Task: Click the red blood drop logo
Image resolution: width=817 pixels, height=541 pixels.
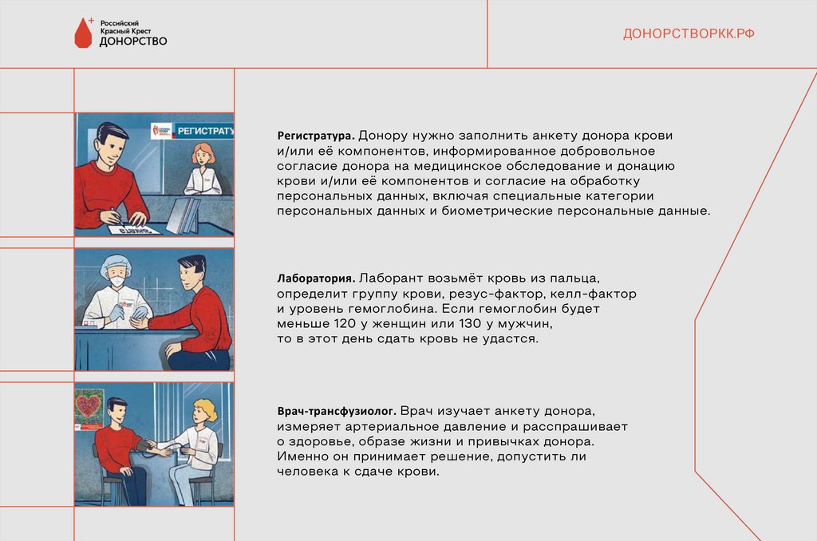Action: (x=83, y=34)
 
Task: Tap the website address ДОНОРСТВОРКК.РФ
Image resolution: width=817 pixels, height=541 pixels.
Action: (x=689, y=34)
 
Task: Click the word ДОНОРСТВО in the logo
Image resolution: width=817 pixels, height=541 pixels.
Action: (x=133, y=41)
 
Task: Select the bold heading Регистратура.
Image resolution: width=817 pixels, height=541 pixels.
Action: (x=316, y=136)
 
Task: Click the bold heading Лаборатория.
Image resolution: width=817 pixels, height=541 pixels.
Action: (x=316, y=278)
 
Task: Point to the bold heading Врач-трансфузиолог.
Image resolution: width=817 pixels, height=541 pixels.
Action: (x=337, y=411)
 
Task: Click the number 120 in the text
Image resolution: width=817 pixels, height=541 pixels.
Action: (x=345, y=324)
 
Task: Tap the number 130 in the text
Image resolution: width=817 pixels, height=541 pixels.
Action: (x=470, y=324)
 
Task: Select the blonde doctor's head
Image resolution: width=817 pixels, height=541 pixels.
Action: (x=203, y=412)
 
